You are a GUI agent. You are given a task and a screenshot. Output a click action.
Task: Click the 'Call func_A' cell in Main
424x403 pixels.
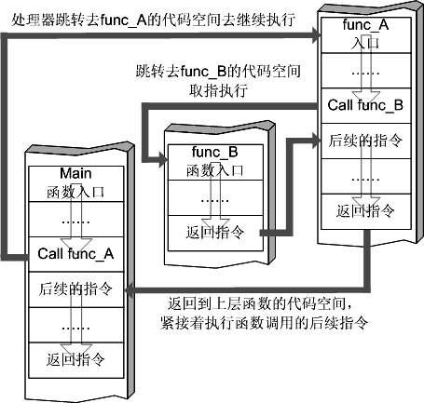pyautogui.click(x=76, y=254)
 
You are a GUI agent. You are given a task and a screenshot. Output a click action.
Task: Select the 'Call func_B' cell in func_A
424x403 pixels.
pyautogui.click(x=365, y=105)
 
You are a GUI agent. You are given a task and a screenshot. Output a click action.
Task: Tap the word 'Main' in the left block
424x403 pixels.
pyautogui.click(x=75, y=173)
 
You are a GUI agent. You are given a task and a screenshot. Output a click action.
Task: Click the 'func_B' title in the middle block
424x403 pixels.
pyautogui.click(x=215, y=152)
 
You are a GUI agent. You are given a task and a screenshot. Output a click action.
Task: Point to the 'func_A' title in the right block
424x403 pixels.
pyautogui.click(x=365, y=24)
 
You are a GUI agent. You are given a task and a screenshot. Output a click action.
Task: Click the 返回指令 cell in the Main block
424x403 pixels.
pyautogui.click(x=76, y=360)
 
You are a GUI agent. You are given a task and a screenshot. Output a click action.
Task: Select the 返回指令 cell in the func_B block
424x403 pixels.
pyautogui.click(x=215, y=233)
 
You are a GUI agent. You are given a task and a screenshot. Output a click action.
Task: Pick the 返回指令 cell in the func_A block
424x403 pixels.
pyautogui.click(x=365, y=211)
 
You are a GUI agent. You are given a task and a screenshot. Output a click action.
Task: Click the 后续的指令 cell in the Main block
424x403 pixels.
pyautogui.click(x=76, y=289)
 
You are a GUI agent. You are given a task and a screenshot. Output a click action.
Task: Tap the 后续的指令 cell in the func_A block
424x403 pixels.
pyautogui.click(x=365, y=141)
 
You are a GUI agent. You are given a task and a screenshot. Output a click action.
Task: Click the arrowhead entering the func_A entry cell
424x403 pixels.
pyautogui.click(x=317, y=35)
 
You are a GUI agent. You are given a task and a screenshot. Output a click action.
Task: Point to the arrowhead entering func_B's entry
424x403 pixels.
pyautogui.click(x=163, y=160)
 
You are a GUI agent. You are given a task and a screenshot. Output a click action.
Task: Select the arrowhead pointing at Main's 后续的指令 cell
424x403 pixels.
pyautogui.click(x=129, y=290)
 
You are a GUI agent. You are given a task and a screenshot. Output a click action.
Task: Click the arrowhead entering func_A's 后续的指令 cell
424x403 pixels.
pyautogui.click(x=317, y=141)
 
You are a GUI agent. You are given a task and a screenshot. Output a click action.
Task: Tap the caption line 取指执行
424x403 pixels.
pyautogui.click(x=218, y=90)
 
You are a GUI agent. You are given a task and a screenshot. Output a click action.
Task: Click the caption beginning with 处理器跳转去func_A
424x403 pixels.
pyautogui.click(x=153, y=20)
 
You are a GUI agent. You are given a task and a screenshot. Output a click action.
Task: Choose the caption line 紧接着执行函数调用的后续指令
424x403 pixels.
pyautogui.click(x=265, y=323)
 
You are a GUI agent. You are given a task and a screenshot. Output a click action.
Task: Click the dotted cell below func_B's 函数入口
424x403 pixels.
pyautogui.click(x=215, y=197)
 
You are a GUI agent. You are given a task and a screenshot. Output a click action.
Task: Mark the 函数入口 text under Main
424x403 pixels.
pyautogui.click(x=75, y=192)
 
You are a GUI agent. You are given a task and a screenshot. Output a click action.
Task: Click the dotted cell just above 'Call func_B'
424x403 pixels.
pyautogui.click(x=365, y=71)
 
